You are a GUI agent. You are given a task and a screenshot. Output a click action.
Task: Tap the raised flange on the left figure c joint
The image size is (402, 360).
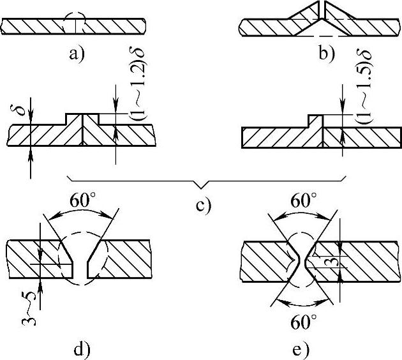click(83, 119)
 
